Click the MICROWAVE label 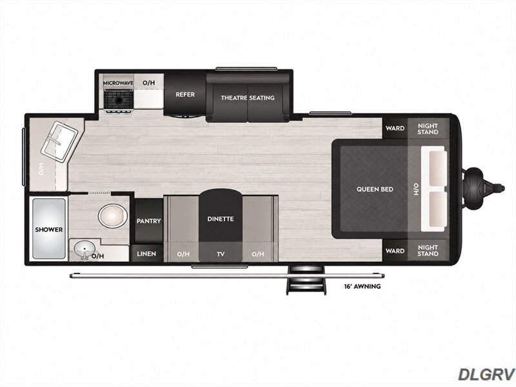click(x=118, y=83)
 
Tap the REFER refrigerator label click(x=185, y=94)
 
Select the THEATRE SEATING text click(x=248, y=98)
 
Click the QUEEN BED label click(x=375, y=189)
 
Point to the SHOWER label click(x=49, y=230)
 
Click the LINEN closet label click(x=146, y=253)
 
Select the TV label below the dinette click(x=221, y=253)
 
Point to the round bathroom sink click(x=84, y=251)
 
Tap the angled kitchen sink click(x=59, y=141)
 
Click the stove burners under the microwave click(x=119, y=100)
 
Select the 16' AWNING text click(x=362, y=286)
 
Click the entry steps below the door click(x=306, y=281)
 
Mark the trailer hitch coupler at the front click(x=483, y=188)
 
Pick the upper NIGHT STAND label click(x=428, y=128)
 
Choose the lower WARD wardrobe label click(x=395, y=251)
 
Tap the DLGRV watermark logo click(x=487, y=374)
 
